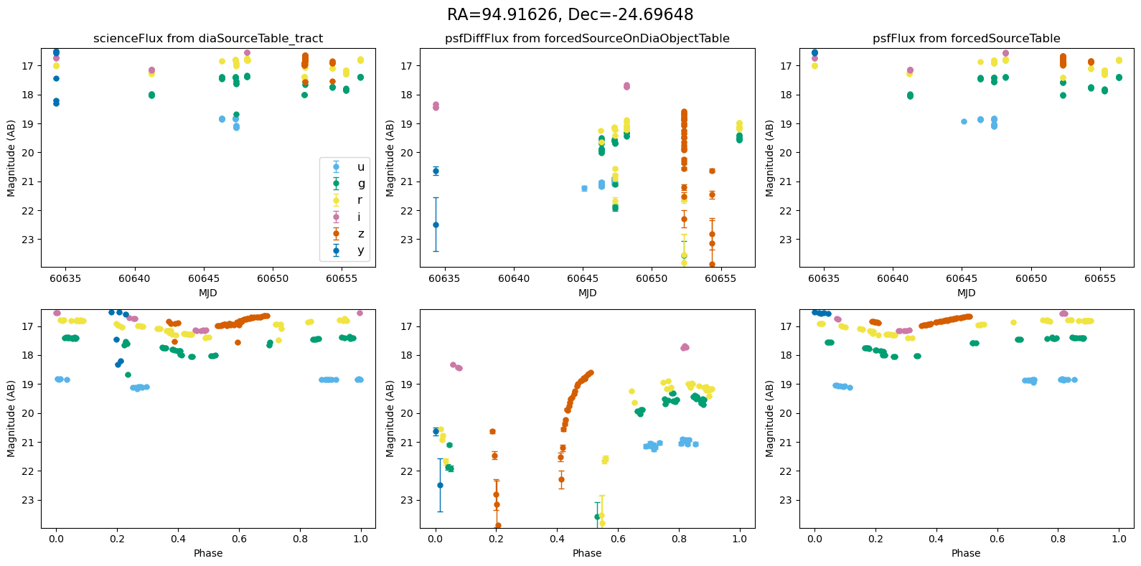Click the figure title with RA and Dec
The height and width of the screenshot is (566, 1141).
pyautogui.click(x=570, y=14)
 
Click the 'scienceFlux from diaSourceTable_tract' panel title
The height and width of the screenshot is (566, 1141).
pyautogui.click(x=208, y=39)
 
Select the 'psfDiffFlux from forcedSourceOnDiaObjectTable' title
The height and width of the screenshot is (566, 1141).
pyautogui.click(x=587, y=39)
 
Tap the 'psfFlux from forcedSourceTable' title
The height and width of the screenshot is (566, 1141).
pyautogui.click(x=966, y=39)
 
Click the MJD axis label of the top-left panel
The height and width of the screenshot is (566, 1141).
pyautogui.click(x=208, y=293)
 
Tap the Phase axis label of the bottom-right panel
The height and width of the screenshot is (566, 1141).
pyautogui.click(x=966, y=553)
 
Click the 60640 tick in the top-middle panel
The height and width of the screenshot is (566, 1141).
pyautogui.click(x=514, y=278)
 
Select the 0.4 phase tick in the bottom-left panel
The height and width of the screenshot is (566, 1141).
pyautogui.click(x=178, y=539)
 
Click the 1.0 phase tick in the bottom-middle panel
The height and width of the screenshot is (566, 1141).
pyautogui.click(x=740, y=539)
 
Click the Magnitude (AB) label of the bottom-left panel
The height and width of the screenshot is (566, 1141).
pyautogui.click(x=11, y=419)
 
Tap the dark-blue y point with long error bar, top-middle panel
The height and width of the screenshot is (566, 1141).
pyautogui.click(x=436, y=225)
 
